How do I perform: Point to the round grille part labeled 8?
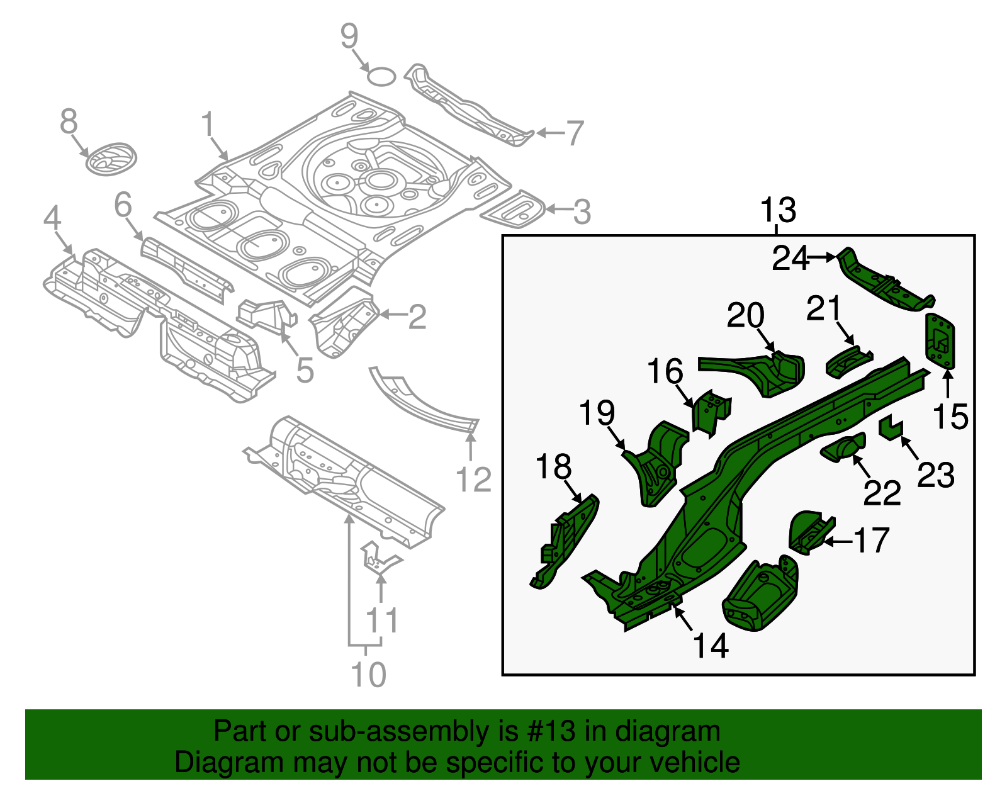coord(110,159)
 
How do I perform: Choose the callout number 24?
coord(790,258)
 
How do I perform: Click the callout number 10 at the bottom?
coord(368,675)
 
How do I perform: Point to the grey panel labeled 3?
coord(514,209)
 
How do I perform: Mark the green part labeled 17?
coord(809,532)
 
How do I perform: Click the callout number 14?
coord(711,645)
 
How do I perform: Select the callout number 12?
coord(473,480)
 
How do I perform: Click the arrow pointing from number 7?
coord(549,133)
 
